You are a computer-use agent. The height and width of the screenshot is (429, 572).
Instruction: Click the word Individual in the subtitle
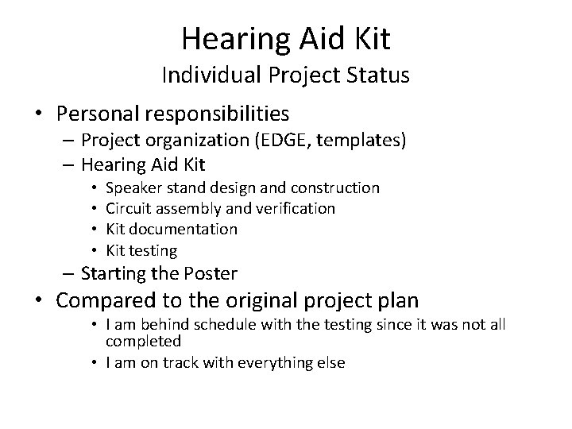tap(204, 75)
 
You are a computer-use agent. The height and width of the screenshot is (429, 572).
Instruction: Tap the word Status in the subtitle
tap(377, 75)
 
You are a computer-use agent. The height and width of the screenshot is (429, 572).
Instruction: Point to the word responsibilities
tap(222, 114)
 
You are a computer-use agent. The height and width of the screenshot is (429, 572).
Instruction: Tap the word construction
tap(336, 188)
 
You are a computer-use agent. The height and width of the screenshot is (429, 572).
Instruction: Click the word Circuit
tap(129, 209)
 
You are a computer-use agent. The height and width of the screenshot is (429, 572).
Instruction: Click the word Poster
tap(213, 274)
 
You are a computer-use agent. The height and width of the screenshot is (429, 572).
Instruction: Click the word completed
tap(143, 342)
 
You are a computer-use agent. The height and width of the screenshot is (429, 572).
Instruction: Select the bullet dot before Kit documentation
tap(95, 230)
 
